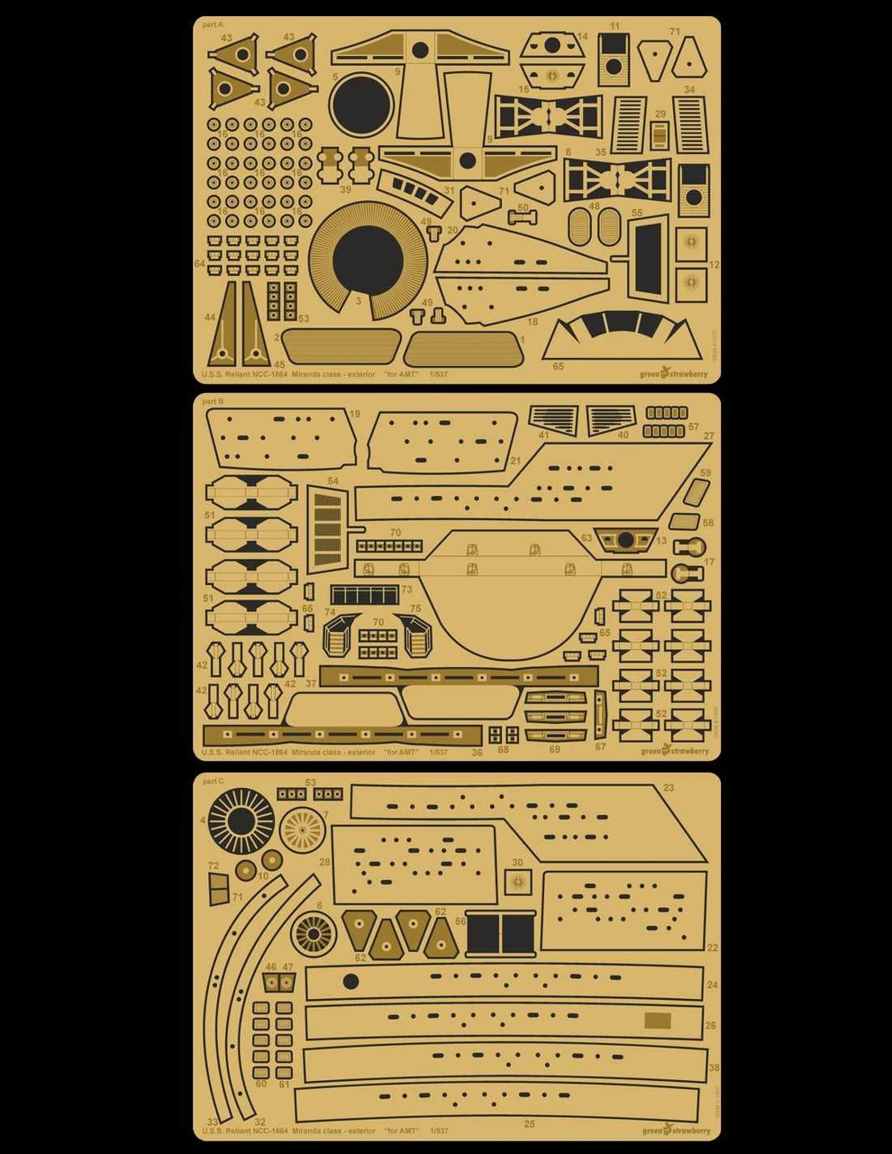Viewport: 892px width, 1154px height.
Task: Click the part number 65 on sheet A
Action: [x=559, y=367]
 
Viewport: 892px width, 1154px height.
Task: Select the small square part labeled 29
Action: [x=660, y=134]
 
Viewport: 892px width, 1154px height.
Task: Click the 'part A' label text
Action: [x=213, y=25]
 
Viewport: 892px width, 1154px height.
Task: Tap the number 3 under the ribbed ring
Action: [x=359, y=300]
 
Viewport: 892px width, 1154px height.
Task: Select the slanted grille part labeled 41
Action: [x=553, y=419]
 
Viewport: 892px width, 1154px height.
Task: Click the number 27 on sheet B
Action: [x=709, y=436]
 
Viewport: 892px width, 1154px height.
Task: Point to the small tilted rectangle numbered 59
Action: [x=696, y=491]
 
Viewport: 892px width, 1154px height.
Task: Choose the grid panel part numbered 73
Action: [x=365, y=595]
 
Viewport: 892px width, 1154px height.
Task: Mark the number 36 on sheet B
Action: [x=478, y=753]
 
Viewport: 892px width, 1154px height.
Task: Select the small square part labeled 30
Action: [x=518, y=882]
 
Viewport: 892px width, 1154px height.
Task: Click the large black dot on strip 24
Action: [x=351, y=982]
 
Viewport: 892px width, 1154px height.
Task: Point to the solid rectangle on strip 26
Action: [x=659, y=1021]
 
